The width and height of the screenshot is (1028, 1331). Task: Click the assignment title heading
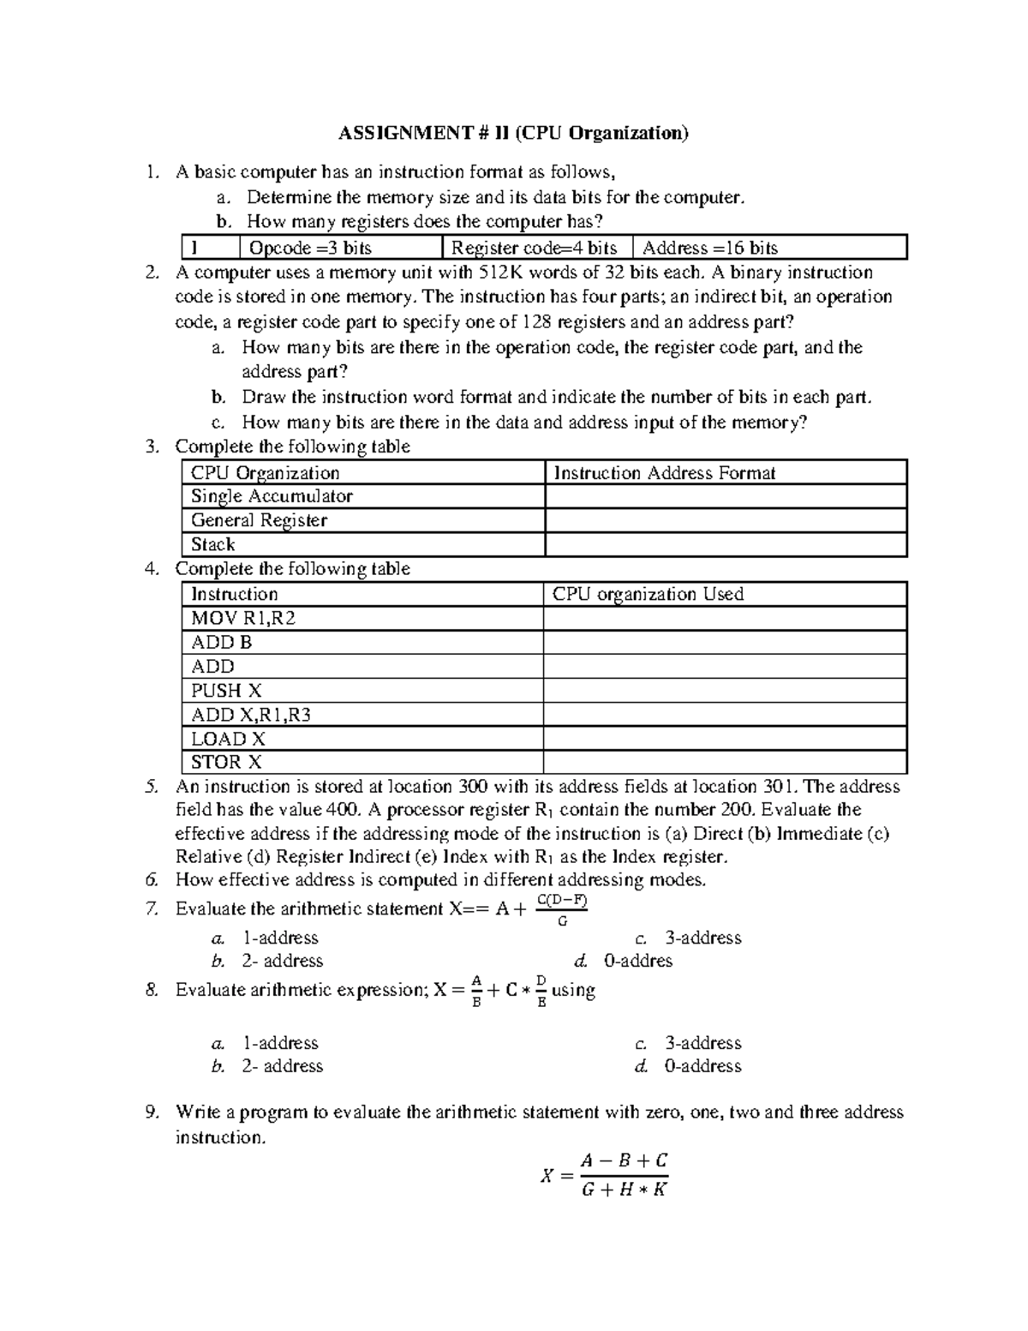click(513, 133)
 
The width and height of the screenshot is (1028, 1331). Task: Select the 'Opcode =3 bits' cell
click(309, 249)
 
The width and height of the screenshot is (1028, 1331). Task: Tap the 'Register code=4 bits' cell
click(535, 249)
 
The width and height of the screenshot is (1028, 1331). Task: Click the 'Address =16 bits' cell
click(710, 249)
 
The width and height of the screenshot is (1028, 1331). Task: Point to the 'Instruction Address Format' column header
click(664, 473)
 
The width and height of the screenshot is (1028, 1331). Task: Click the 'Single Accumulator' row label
click(272, 496)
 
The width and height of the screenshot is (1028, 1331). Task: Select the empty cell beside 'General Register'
click(725, 520)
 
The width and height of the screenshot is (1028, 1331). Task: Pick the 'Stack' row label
click(213, 544)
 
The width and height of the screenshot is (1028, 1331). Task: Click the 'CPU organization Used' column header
click(648, 594)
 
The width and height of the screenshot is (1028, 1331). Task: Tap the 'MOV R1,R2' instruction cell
click(243, 618)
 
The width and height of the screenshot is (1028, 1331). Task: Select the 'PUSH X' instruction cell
click(226, 690)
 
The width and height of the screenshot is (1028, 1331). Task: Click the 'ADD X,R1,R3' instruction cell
click(251, 714)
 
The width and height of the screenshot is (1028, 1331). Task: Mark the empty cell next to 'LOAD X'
click(725, 738)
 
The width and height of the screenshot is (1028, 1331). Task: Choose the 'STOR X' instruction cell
click(226, 762)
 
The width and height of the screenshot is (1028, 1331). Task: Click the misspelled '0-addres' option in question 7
click(638, 961)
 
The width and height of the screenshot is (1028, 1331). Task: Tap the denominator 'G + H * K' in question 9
click(624, 1189)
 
